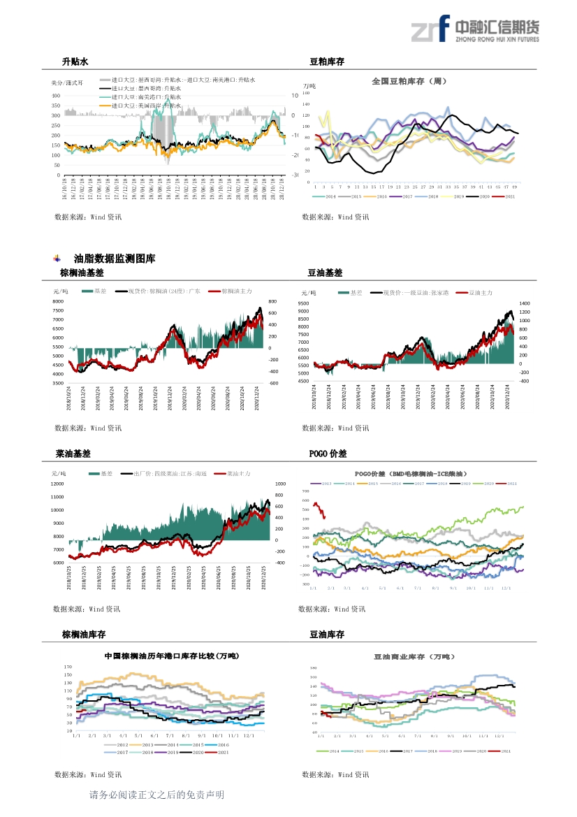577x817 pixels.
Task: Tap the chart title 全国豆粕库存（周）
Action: (x=409, y=81)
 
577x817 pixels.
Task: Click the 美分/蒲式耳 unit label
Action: (x=67, y=82)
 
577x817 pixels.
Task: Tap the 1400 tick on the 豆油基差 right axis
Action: (x=525, y=304)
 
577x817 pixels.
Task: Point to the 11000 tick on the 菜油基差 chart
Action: (x=59, y=497)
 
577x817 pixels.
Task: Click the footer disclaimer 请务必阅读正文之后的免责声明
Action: (x=157, y=795)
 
